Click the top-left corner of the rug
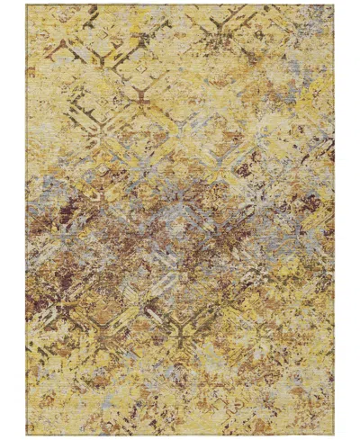27,4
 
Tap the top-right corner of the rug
334,4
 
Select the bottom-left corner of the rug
26,436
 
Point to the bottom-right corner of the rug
335,436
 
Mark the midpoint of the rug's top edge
180,4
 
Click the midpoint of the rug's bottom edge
180,436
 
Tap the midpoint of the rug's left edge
26,220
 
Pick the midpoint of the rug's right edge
334,220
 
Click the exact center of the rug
180,220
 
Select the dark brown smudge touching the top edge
90,11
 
